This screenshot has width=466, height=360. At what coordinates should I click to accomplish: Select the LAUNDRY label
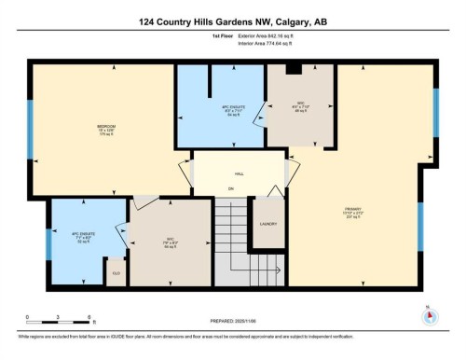[x=267, y=224]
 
